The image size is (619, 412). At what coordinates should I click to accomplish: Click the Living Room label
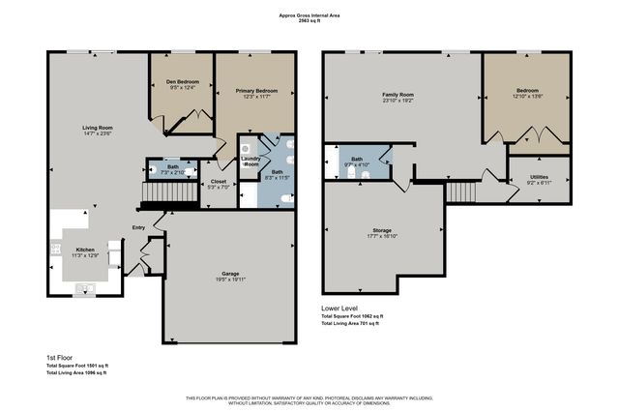click(x=98, y=128)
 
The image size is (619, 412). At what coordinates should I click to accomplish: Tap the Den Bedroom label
click(x=182, y=82)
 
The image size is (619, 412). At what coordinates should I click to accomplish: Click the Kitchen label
click(x=86, y=249)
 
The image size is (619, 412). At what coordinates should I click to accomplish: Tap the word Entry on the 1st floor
click(x=139, y=228)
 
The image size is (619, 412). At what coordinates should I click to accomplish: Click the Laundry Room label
click(x=251, y=162)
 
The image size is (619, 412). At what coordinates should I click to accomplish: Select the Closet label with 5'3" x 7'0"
click(x=218, y=181)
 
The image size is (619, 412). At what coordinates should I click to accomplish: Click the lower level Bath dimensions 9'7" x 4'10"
click(x=357, y=165)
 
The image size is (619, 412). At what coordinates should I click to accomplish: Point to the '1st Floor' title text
click(x=60, y=357)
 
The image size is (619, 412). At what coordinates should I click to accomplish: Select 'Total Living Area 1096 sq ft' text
click(x=77, y=373)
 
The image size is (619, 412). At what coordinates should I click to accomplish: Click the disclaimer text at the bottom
click(x=309, y=399)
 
